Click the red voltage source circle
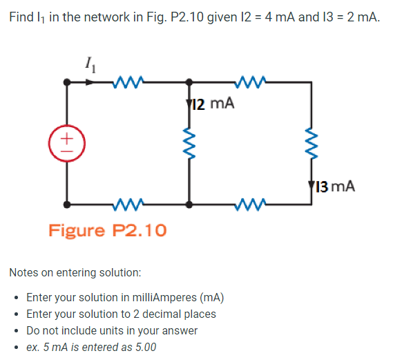[66, 143]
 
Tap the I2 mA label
[213, 104]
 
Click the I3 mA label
[335, 186]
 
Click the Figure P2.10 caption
[107, 230]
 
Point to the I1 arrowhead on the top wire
[92, 82]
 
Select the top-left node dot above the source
[66, 82]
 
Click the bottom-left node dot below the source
[66, 205]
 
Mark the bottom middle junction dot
[189, 205]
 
